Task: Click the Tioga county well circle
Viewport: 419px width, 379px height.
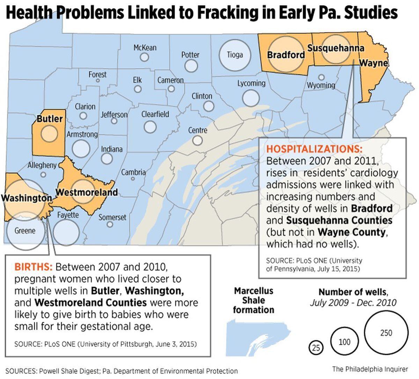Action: click(x=235, y=55)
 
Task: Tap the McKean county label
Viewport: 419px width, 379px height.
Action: click(x=145, y=48)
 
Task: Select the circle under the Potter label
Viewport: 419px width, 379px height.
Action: click(x=191, y=65)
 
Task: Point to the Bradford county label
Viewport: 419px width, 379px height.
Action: click(x=286, y=55)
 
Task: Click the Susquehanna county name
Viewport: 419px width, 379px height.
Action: click(x=336, y=48)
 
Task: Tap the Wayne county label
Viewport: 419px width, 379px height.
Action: click(x=373, y=63)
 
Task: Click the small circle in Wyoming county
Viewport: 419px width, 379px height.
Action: click(x=321, y=77)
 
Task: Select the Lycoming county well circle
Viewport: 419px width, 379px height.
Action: click(x=251, y=97)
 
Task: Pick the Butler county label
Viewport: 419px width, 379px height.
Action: click(x=50, y=119)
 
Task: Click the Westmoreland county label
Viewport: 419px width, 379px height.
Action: click(x=87, y=192)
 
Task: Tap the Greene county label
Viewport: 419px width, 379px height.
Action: click(x=25, y=231)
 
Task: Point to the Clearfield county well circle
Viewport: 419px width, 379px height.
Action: click(x=150, y=126)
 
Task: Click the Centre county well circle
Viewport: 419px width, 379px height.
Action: click(x=197, y=140)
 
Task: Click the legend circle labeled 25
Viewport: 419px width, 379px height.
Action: click(x=316, y=348)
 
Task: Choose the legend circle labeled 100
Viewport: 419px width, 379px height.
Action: click(x=344, y=341)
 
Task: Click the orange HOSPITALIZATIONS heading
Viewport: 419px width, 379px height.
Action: click(x=314, y=149)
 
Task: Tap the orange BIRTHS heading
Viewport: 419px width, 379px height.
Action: click(x=33, y=267)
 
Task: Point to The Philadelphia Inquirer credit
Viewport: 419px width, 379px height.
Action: click(x=370, y=369)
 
